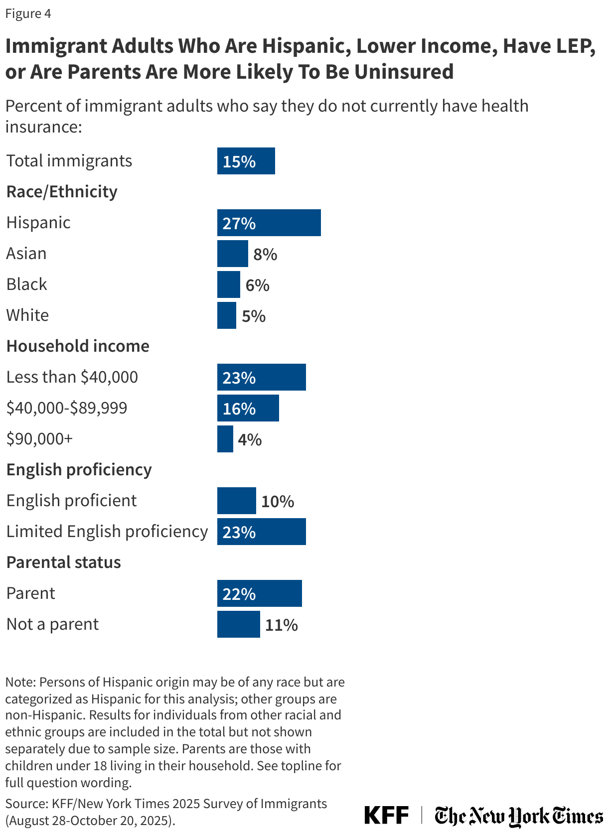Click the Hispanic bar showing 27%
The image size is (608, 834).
pos(269,223)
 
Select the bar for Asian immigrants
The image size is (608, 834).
pos(232,254)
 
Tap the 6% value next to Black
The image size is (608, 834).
pos(257,285)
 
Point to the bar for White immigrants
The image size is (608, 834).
pos(226,315)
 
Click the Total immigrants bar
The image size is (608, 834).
pos(246,161)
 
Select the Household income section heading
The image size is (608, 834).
pos(78,346)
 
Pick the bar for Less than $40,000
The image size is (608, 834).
pos(261,377)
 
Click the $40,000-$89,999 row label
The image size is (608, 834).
pos(67,408)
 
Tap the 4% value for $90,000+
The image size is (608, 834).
pos(250,439)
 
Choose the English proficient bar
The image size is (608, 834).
pos(236,501)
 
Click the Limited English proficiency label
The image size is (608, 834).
pos(107,532)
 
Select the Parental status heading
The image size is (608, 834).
pos(64,562)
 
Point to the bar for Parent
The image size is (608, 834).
pos(259,593)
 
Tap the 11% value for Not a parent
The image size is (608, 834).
pos(281,625)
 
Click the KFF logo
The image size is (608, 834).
pos(386,815)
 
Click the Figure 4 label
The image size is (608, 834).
pos(28,13)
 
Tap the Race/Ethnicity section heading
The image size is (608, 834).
pos(62,191)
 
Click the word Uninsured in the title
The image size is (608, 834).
pos(404,72)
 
